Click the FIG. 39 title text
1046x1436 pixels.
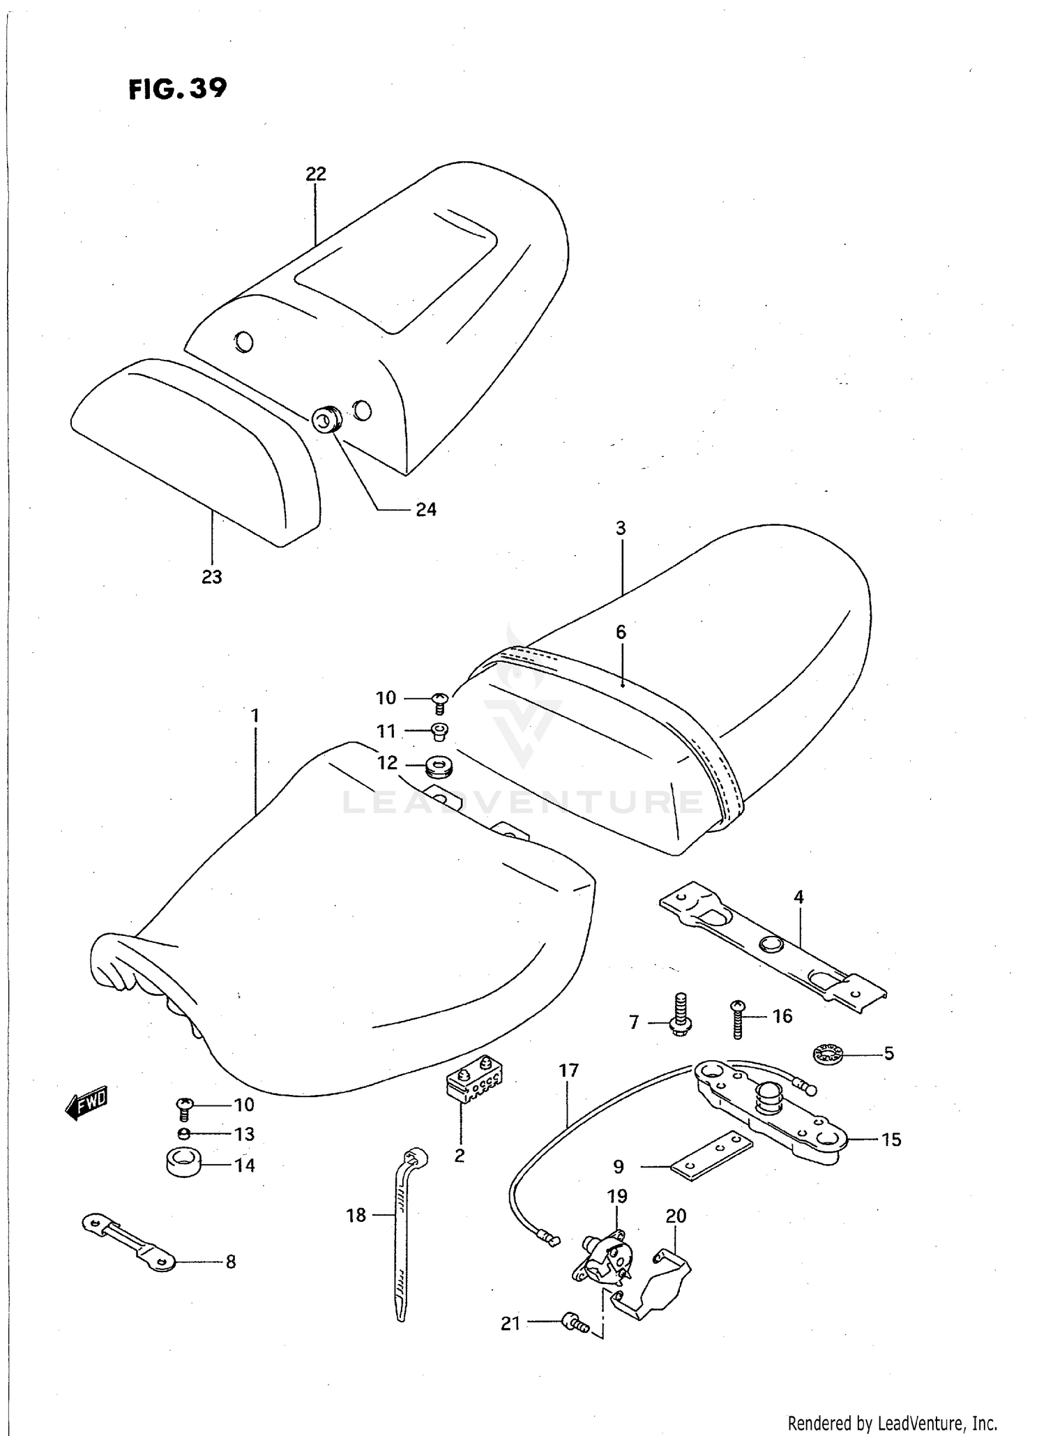click(x=178, y=89)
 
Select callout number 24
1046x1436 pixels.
click(x=426, y=510)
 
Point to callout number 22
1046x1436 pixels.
click(x=316, y=174)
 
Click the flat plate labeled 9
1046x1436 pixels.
click(x=711, y=1155)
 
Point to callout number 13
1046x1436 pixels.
click(x=245, y=1134)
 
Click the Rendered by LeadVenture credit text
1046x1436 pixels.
click(x=892, y=1422)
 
